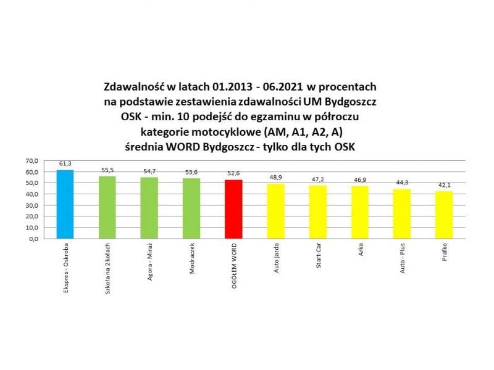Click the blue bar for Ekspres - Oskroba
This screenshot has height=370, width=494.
pyautogui.click(x=65, y=204)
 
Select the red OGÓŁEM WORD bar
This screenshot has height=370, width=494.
pyautogui.click(x=233, y=209)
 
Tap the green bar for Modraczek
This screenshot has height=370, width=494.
pyautogui.click(x=191, y=208)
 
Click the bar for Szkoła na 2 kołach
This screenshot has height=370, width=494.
pyautogui.click(x=107, y=207)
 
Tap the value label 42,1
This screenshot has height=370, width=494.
pyautogui.click(x=444, y=186)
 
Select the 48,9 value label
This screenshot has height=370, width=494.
pyautogui.click(x=275, y=178)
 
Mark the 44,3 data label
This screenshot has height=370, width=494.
pyautogui.click(x=402, y=183)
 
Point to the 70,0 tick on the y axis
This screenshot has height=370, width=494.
pyautogui.click(x=31, y=161)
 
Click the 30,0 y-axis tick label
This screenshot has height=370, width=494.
pyautogui.click(x=31, y=205)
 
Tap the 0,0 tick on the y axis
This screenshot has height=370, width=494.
pyautogui.click(x=33, y=238)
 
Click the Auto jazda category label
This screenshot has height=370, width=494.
pyautogui.click(x=276, y=261)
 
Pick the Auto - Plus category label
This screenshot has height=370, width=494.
pyautogui.click(x=403, y=261)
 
